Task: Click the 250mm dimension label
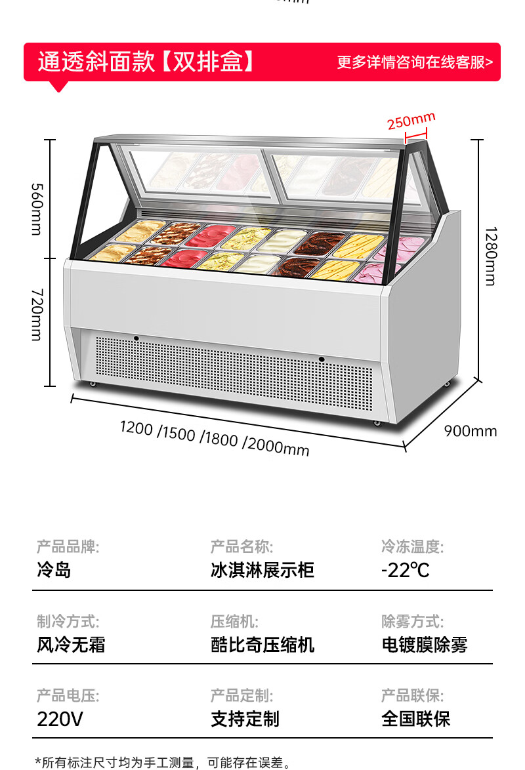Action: pyautogui.click(x=411, y=121)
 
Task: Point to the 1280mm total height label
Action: pyautogui.click(x=490, y=256)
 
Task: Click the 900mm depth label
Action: pyautogui.click(x=471, y=431)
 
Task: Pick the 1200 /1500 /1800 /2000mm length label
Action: pyautogui.click(x=214, y=438)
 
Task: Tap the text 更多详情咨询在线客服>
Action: pyautogui.click(x=415, y=62)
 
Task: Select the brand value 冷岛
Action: pyautogui.click(x=54, y=569)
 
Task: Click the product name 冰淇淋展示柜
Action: pyautogui.click(x=262, y=569)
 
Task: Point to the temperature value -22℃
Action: pyautogui.click(x=406, y=569)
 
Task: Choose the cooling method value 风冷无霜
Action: pyautogui.click(x=71, y=645)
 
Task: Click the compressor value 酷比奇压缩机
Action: pyautogui.click(x=262, y=645)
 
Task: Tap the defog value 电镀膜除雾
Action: pyautogui.click(x=425, y=645)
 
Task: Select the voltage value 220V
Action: pyautogui.click(x=60, y=719)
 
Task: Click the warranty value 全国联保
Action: pyautogui.click(x=416, y=719)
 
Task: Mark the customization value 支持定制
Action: pyautogui.click(x=245, y=719)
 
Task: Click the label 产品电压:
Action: pyautogui.click(x=68, y=696)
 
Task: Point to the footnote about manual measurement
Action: pyautogui.click(x=163, y=762)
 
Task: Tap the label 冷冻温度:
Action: pyautogui.click(x=413, y=546)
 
